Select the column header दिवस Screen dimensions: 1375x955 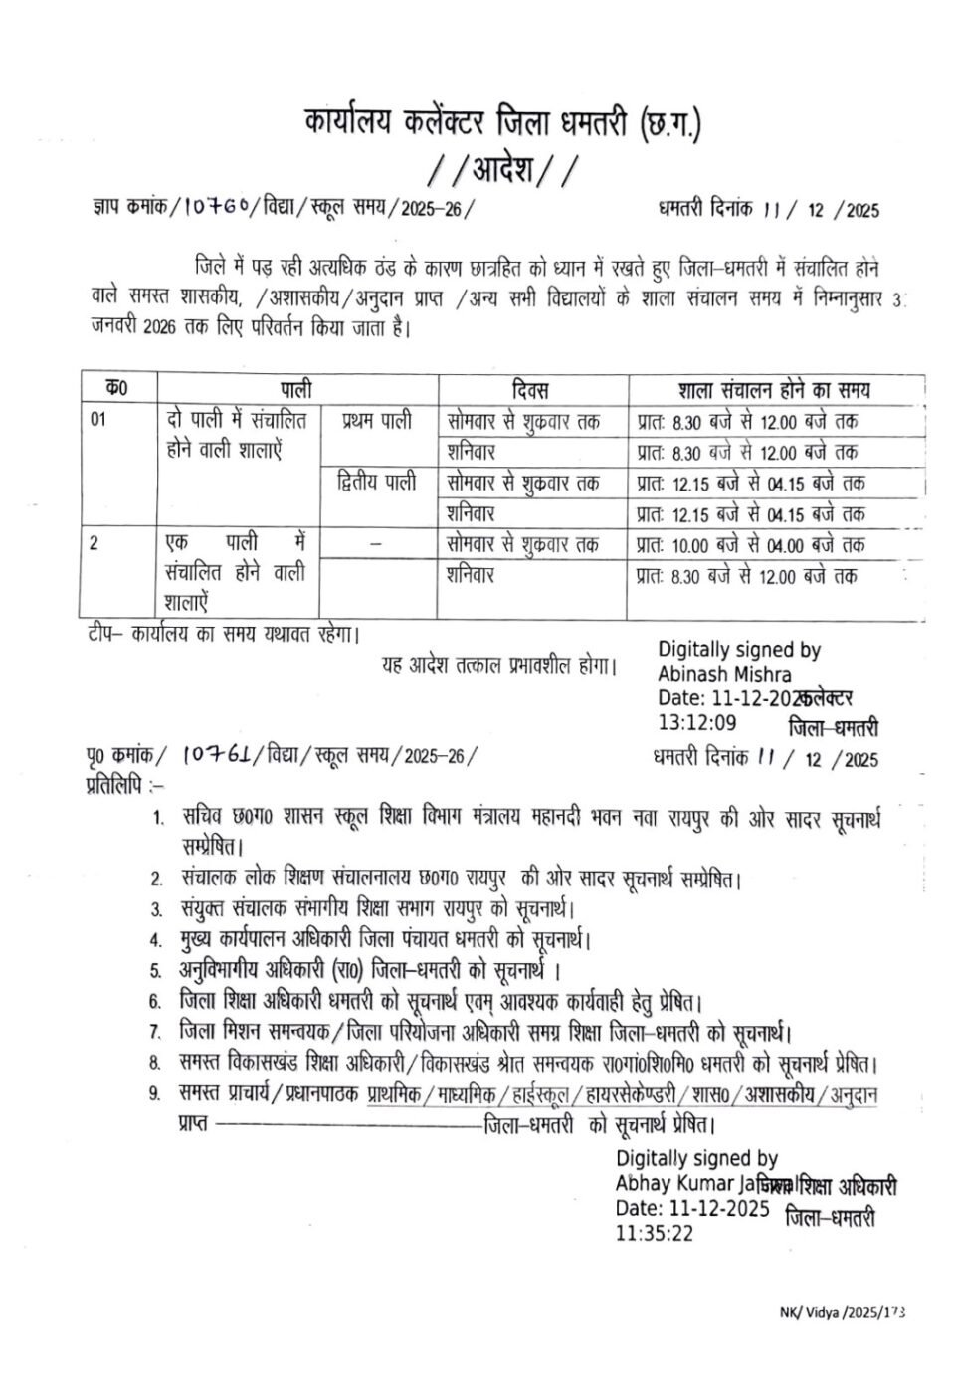[x=531, y=389]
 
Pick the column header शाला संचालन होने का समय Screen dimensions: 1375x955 [x=775, y=389]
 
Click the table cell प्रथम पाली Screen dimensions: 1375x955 [x=377, y=421]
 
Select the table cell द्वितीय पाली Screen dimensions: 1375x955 [x=377, y=483]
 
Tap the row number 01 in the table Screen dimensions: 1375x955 [x=98, y=420]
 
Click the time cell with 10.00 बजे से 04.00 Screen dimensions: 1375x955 [x=746, y=545]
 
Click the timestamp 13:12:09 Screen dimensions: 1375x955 [x=696, y=722]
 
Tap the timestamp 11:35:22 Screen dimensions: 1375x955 [x=654, y=1233]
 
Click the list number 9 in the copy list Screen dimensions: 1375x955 [x=155, y=1094]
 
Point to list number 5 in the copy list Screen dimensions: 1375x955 [x=155, y=970]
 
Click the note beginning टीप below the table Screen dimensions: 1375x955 [x=221, y=633]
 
